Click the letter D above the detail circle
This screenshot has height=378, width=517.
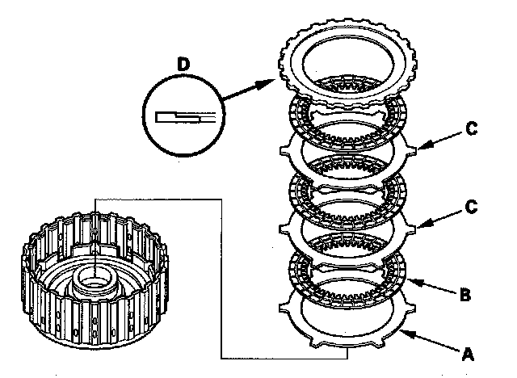(183, 64)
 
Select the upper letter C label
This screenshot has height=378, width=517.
(472, 128)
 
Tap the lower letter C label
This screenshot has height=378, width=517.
(472, 207)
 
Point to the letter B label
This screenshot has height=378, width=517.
(465, 294)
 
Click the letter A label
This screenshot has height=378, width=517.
(468, 355)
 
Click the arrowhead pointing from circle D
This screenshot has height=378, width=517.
(266, 84)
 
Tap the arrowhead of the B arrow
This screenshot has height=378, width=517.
(414, 282)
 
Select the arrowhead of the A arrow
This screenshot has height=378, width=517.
(407, 334)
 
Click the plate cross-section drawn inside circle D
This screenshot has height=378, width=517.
(185, 117)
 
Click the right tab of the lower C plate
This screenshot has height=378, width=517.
(410, 229)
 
